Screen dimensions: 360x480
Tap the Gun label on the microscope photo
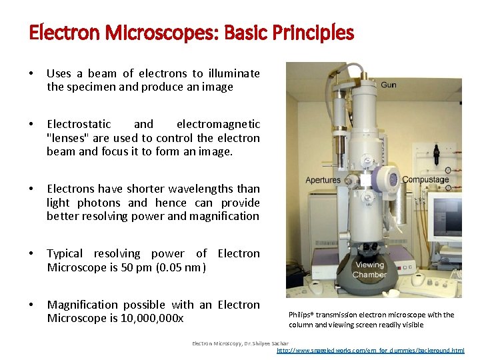(388, 85)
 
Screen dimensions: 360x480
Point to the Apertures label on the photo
(323, 180)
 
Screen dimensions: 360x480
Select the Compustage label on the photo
(425, 179)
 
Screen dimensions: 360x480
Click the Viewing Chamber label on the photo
(370, 269)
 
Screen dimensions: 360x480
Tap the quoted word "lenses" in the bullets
(69, 138)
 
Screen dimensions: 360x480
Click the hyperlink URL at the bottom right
(370, 351)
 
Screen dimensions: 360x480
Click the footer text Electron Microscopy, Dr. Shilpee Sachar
(236, 343)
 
